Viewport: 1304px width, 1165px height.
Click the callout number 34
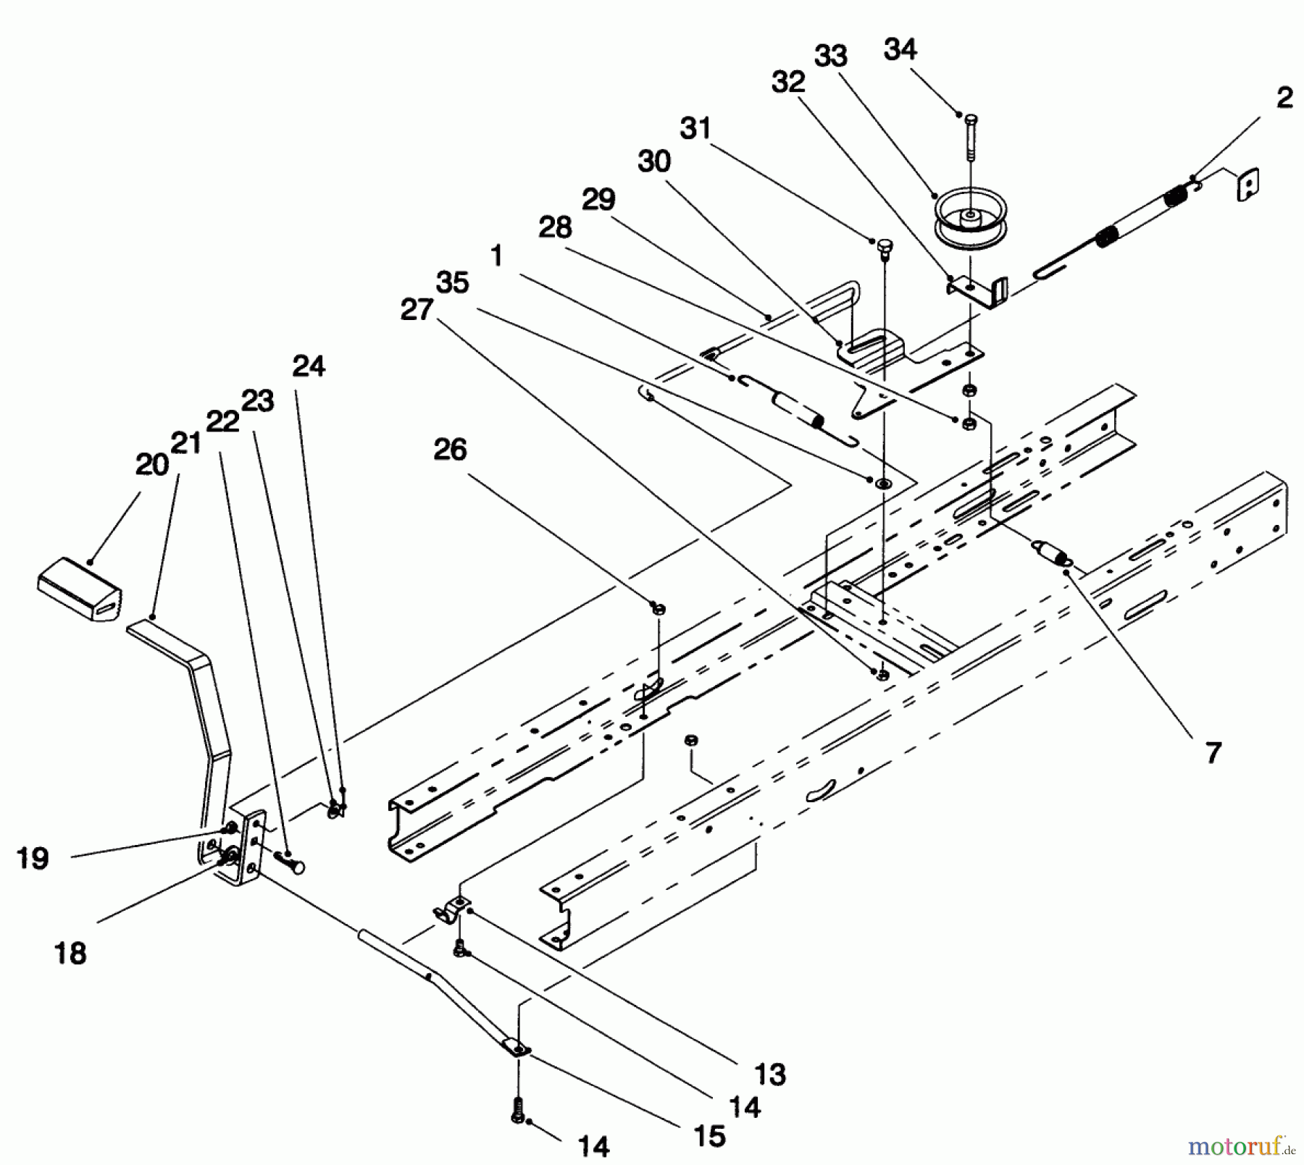pyautogui.click(x=900, y=50)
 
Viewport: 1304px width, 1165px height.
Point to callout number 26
pyautogui.click(x=450, y=450)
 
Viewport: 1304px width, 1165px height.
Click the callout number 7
pyautogui.click(x=1213, y=752)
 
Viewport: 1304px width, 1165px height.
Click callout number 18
pyautogui.click(x=71, y=953)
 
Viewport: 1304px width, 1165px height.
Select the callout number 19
pyautogui.click(x=33, y=858)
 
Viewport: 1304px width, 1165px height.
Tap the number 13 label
pyautogui.click(x=770, y=1074)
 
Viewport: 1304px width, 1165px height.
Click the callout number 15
pyautogui.click(x=710, y=1136)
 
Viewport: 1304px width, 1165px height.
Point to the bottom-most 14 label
pyautogui.click(x=593, y=1146)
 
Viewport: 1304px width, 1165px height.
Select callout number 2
pyautogui.click(x=1284, y=98)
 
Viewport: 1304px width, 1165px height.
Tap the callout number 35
pyautogui.click(x=453, y=282)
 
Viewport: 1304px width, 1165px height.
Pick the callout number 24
pyautogui.click(x=309, y=366)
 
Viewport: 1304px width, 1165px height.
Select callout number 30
pyautogui.click(x=653, y=161)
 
